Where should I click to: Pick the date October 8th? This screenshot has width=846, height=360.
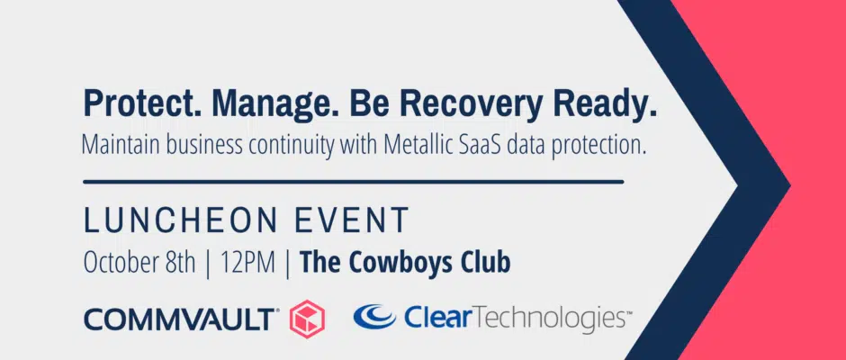coord(139,263)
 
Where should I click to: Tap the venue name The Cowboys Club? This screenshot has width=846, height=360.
coord(405,263)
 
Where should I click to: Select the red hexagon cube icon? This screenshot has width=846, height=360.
coord(307,318)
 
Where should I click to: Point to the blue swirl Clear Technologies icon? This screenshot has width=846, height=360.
coord(374,316)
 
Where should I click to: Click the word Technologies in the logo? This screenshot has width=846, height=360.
coord(544,319)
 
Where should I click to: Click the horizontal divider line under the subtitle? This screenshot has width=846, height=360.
coord(354,182)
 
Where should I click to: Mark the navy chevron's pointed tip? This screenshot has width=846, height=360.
coord(790,185)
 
